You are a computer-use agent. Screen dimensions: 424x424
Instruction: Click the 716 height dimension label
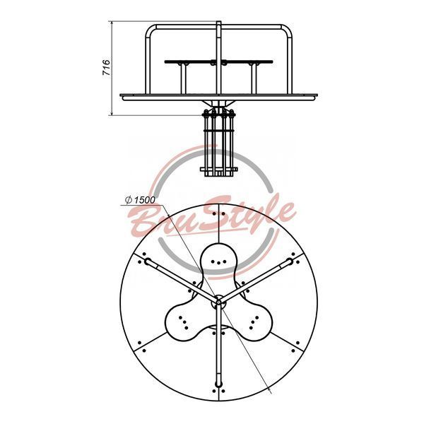(106, 67)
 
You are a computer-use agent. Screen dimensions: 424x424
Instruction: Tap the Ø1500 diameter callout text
(140, 200)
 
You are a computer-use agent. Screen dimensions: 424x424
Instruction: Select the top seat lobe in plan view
(219, 259)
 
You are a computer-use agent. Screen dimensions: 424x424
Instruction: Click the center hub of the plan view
(218, 301)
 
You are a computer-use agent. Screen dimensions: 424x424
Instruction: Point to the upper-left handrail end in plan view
(148, 261)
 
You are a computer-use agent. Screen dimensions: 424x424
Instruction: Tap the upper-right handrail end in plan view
(289, 261)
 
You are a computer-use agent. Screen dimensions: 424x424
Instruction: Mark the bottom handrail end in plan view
(218, 384)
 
